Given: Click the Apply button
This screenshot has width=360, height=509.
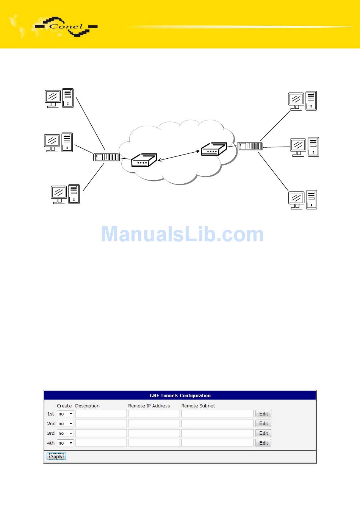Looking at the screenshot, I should [x=56, y=456].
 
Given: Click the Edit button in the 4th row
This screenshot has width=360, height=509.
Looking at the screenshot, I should [x=263, y=443].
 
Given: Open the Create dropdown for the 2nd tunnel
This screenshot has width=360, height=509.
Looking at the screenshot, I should [x=65, y=423].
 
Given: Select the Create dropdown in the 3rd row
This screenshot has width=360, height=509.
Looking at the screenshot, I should [x=65, y=433].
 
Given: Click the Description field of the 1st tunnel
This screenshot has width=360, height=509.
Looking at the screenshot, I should [x=101, y=414].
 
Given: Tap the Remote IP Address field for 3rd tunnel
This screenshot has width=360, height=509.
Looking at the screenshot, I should [x=154, y=433].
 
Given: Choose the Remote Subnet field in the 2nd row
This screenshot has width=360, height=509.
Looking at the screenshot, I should [x=218, y=423].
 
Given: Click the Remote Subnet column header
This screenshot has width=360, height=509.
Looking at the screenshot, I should [x=198, y=406].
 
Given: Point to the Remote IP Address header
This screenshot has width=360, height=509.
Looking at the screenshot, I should [x=149, y=406].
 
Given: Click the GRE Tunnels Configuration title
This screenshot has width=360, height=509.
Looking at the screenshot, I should [x=180, y=395].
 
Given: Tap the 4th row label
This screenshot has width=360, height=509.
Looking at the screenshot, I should [x=51, y=443].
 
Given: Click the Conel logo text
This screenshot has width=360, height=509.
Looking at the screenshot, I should [x=66, y=27].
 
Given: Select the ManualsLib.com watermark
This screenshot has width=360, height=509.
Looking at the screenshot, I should [x=182, y=234].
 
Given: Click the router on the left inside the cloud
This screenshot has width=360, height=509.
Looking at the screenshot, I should [x=143, y=161].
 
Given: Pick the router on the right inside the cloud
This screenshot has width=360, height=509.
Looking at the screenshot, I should [x=213, y=149].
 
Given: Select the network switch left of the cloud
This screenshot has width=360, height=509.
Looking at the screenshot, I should [x=106, y=157].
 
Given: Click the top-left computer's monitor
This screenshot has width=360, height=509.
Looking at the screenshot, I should [x=53, y=97].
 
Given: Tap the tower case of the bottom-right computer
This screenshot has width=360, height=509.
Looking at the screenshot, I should [x=311, y=199].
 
